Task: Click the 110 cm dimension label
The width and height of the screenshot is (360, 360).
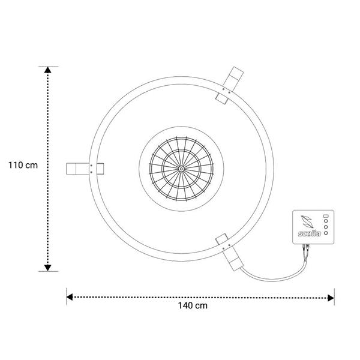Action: coord(23,166)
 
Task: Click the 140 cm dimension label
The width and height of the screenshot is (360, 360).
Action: coord(193,305)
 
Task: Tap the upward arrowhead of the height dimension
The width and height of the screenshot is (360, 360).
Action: coord(48,70)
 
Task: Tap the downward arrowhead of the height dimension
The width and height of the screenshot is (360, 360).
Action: coord(48,268)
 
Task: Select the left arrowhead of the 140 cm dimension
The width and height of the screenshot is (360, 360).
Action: coord(70,297)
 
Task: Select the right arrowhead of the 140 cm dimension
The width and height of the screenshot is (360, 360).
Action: coord(331,298)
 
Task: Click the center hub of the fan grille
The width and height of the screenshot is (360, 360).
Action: coord(181,169)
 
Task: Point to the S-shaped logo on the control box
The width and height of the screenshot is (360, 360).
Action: coord(307,221)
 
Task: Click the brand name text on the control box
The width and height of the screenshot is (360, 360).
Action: coord(309,233)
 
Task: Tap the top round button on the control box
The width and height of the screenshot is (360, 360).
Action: coord(326,221)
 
